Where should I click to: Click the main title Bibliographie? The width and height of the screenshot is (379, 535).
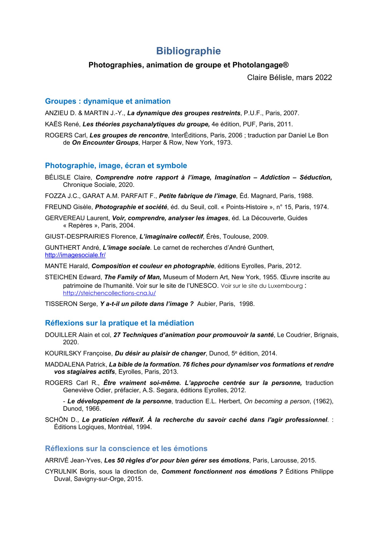(188, 51)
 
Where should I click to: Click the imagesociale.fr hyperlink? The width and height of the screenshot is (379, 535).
(75, 255)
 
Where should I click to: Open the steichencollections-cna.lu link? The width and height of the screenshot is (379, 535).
(109, 293)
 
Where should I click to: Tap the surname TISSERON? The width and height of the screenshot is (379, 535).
(57, 304)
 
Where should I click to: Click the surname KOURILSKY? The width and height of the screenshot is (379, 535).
(63, 354)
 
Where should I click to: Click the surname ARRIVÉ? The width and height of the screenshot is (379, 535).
(57, 461)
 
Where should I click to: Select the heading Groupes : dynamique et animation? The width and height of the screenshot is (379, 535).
(108, 101)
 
